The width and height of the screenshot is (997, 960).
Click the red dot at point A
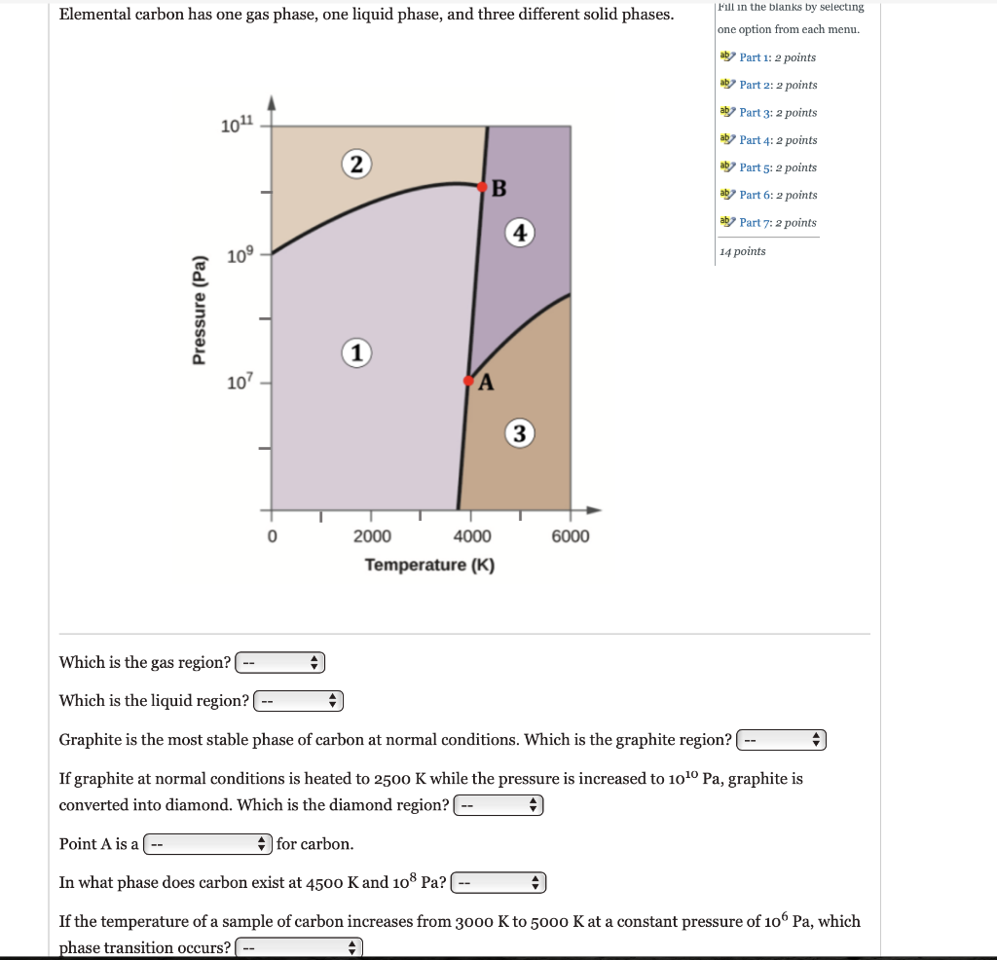[468, 380]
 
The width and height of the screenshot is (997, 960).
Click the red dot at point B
[482, 186]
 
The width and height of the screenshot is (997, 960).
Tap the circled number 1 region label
[357, 353]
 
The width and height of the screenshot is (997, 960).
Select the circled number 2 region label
[357, 164]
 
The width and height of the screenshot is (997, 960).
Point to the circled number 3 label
[520, 433]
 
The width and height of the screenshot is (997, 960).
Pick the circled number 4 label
[521, 233]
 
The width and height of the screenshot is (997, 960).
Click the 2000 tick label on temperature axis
[372, 536]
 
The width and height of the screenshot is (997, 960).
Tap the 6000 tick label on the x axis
[571, 536]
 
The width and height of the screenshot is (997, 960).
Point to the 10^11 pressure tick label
[237, 125]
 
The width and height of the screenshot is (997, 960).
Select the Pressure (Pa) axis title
[200, 309]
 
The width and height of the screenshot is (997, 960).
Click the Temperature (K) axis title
[429, 566]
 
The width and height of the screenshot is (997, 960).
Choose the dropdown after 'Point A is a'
[207, 844]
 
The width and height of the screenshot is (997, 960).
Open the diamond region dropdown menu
[499, 805]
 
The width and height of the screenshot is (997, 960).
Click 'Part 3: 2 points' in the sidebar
[777, 113]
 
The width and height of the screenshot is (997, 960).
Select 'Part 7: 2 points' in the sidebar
[777, 223]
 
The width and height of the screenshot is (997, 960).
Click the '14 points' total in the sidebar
[743, 251]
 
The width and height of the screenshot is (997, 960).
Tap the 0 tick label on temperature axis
[273, 536]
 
